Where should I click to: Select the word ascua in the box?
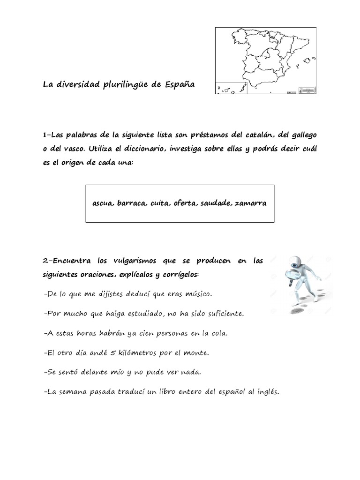103,203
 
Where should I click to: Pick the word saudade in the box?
216,203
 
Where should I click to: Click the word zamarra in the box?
251,203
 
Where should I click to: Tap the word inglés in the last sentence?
267,392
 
